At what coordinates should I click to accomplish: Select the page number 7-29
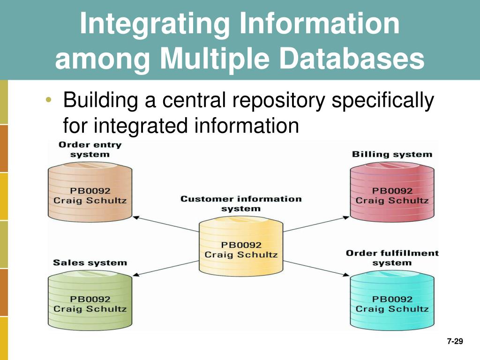coord(454,342)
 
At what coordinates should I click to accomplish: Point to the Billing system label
coord(392,154)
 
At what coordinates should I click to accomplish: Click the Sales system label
coord(90,262)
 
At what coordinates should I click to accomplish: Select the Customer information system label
coord(241,204)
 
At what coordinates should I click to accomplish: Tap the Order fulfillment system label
coord(392,258)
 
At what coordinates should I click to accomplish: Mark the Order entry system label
coord(90,149)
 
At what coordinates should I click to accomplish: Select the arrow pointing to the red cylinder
coord(316,224)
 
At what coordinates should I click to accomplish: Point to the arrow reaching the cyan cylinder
coord(316,269)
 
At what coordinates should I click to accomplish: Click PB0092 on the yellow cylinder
coord(241,245)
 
